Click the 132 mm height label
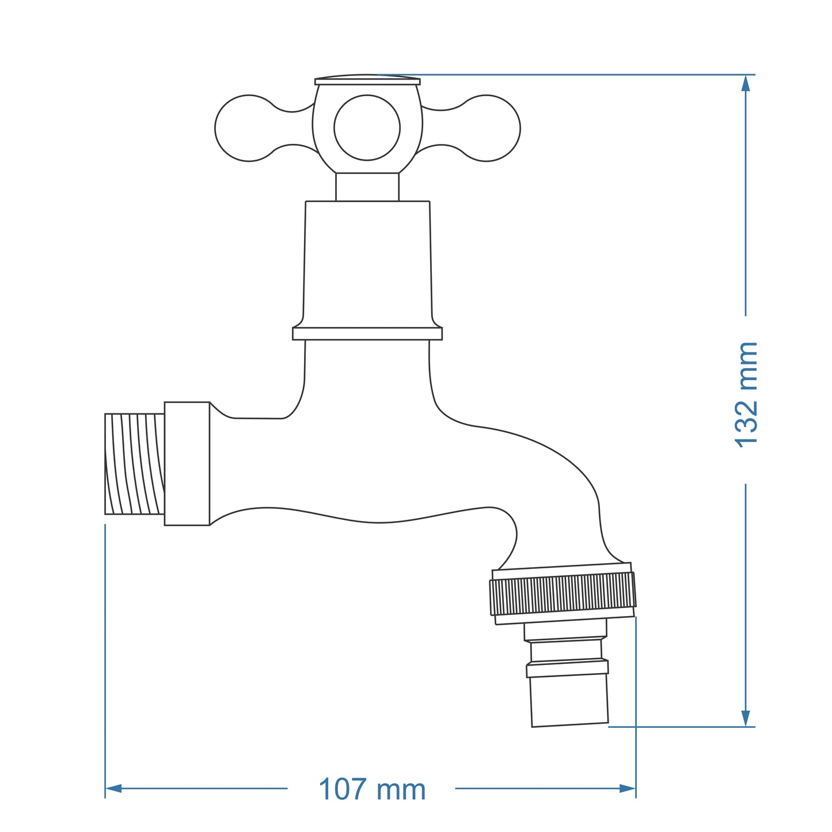[747, 394]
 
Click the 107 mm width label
[372, 789]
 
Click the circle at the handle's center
[367, 128]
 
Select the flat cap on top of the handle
[367, 81]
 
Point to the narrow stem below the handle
[367, 187]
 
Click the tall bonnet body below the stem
[367, 262]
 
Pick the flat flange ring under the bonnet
[367, 333]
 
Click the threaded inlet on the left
[134, 464]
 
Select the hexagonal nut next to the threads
[187, 464]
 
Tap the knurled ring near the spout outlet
[563, 594]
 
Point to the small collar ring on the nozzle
[567, 668]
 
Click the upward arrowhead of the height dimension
[746, 83]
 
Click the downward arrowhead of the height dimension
[746, 718]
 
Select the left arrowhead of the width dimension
[113, 788]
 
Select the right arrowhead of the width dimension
[628, 788]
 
